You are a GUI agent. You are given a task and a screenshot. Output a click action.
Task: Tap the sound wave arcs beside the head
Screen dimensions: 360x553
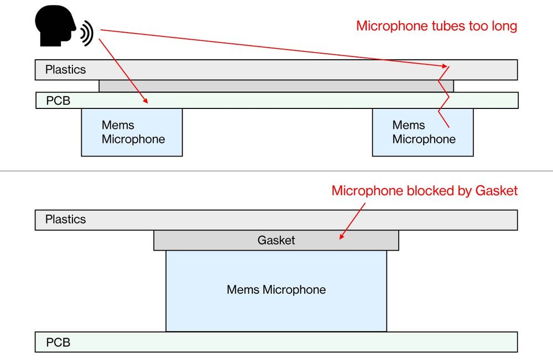point(87,34)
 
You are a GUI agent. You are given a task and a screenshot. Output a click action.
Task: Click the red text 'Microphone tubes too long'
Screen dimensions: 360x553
point(436,26)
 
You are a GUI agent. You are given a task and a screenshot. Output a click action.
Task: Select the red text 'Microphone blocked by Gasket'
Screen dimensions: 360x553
point(424,191)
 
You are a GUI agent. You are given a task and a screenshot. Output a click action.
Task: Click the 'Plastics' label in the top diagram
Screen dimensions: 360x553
point(65,70)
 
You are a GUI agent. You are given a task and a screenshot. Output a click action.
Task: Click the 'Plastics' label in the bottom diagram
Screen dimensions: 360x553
point(65,220)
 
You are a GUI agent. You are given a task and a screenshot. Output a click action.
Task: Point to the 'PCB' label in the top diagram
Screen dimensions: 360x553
point(58,101)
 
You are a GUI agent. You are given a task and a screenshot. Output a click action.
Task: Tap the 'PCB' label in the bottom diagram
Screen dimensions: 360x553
point(58,342)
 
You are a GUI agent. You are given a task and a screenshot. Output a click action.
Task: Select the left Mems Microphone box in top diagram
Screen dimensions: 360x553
point(132,132)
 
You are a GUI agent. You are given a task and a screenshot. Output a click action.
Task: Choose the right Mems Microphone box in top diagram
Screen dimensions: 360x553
point(422,132)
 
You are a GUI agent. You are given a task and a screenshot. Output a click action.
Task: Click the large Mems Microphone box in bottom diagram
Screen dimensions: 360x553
point(276,290)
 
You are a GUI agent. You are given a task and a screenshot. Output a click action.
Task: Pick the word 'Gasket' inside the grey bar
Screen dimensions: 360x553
point(276,241)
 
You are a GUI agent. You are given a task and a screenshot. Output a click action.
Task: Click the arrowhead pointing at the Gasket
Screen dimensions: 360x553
point(341,237)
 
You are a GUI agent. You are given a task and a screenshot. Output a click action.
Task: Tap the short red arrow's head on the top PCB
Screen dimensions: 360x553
point(146,101)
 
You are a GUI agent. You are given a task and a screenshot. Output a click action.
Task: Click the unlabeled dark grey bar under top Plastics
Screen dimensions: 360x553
point(276,86)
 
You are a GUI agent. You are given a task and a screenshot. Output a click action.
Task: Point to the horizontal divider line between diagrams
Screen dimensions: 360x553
point(276,171)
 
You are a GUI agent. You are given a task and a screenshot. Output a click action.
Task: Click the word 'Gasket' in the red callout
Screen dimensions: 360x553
point(495,191)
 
